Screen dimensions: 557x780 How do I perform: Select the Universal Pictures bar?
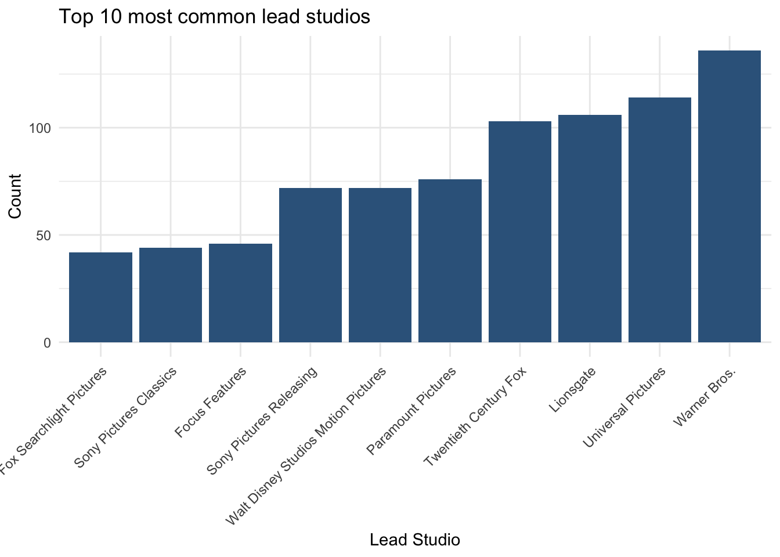point(659,220)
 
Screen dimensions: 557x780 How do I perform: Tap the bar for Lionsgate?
point(590,229)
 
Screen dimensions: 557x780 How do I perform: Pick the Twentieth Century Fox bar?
point(519,232)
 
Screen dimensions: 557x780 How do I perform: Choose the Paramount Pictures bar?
point(450,261)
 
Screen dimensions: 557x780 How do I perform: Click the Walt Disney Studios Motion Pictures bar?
point(380,265)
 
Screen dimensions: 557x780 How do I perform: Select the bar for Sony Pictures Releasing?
point(310,265)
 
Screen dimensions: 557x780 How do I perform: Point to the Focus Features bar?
point(240,293)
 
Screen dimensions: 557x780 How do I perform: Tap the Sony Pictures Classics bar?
point(171,295)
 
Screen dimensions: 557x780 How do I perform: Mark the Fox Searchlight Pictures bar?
point(100,297)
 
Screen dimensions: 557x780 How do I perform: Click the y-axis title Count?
point(15,196)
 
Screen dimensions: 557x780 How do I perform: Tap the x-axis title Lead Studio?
point(414,540)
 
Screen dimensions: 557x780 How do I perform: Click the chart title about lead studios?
point(215,16)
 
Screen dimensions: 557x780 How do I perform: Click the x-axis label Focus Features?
point(211,402)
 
